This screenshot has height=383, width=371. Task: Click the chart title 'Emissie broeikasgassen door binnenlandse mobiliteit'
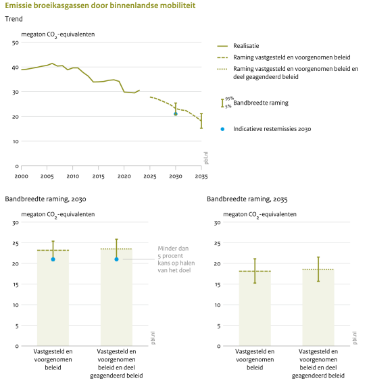[x=100, y=5]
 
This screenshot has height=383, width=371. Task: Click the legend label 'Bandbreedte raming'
[x=261, y=103]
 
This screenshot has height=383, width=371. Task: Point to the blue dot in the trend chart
[x=176, y=114]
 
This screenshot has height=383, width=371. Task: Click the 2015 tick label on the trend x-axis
[x=98, y=176]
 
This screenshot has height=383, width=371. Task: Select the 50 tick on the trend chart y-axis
[x=16, y=43]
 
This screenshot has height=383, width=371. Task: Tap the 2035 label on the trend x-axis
[x=201, y=176]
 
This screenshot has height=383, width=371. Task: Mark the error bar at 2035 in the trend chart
[x=201, y=121]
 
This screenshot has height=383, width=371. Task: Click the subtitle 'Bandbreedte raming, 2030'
[x=45, y=199]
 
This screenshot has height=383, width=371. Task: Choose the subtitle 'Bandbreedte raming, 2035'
[x=247, y=199]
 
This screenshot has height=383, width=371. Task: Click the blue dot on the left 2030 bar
[x=53, y=259]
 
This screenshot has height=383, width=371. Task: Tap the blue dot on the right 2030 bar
[x=116, y=259]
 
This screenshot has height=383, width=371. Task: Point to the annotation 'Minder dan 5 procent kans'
[x=176, y=259]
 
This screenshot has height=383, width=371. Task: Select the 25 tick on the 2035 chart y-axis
[x=218, y=244]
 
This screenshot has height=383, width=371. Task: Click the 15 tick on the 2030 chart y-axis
[x=16, y=285]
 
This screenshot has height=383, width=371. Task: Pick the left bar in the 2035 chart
[x=255, y=309]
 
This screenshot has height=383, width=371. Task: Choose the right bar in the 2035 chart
[x=318, y=307]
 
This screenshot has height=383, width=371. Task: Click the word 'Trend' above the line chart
[x=14, y=19]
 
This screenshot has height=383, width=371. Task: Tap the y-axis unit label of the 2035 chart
[x=259, y=215]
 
